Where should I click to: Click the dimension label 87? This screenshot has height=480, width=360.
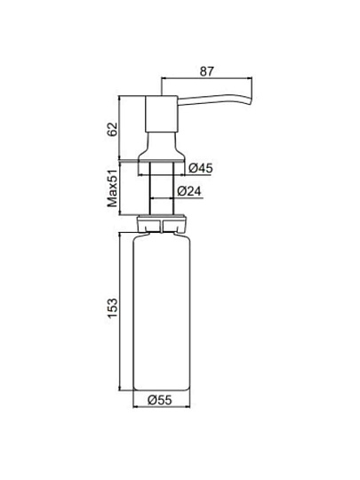tap(206, 71)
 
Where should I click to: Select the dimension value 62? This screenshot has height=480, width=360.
tap(112, 129)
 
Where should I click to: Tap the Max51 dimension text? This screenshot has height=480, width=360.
tap(112, 188)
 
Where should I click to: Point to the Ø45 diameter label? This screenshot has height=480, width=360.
tap(201, 168)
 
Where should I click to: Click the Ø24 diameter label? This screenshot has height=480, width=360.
tap(189, 191)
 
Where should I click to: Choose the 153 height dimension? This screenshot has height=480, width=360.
tap(112, 308)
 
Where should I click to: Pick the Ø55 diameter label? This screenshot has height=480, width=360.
tap(160, 400)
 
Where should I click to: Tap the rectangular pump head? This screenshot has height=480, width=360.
tap(161, 114)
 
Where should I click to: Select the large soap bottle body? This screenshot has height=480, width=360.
tap(162, 312)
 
